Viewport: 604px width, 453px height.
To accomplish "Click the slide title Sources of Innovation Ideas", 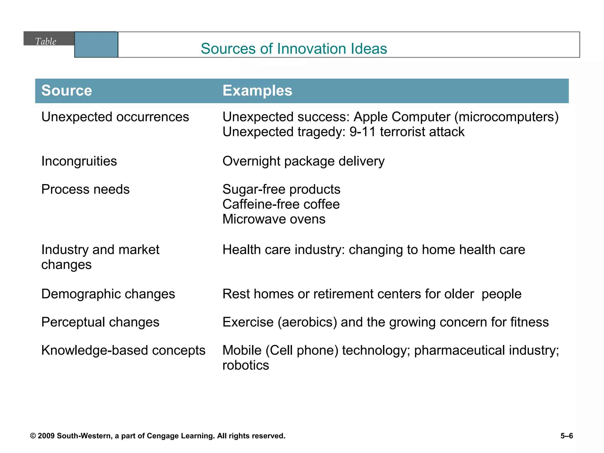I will [294, 49].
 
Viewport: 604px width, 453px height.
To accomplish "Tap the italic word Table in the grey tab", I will [45, 41].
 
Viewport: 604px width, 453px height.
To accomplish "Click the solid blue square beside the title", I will [96, 45].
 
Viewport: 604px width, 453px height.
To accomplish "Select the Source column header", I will [67, 91].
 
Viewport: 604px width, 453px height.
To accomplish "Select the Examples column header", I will [257, 91].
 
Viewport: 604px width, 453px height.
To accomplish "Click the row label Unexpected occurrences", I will [115, 117].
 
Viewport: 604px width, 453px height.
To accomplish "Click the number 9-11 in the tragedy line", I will [362, 132].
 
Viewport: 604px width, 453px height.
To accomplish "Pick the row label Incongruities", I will [79, 161].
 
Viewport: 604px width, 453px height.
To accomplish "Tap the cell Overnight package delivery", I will [303, 161].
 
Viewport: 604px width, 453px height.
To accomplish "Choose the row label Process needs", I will [85, 189].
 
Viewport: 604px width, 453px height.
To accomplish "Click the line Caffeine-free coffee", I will [281, 204].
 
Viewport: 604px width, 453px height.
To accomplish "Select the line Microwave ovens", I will [274, 219].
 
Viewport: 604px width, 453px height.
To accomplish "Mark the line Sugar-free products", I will [281, 189].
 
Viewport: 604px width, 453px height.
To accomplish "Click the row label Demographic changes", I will [108, 294].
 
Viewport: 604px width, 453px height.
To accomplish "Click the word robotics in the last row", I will [246, 365].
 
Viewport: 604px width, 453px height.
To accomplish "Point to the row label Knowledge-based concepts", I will [123, 351].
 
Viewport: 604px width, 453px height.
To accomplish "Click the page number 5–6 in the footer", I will [567, 436].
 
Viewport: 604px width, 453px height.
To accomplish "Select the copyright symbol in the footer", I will [33, 436].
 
